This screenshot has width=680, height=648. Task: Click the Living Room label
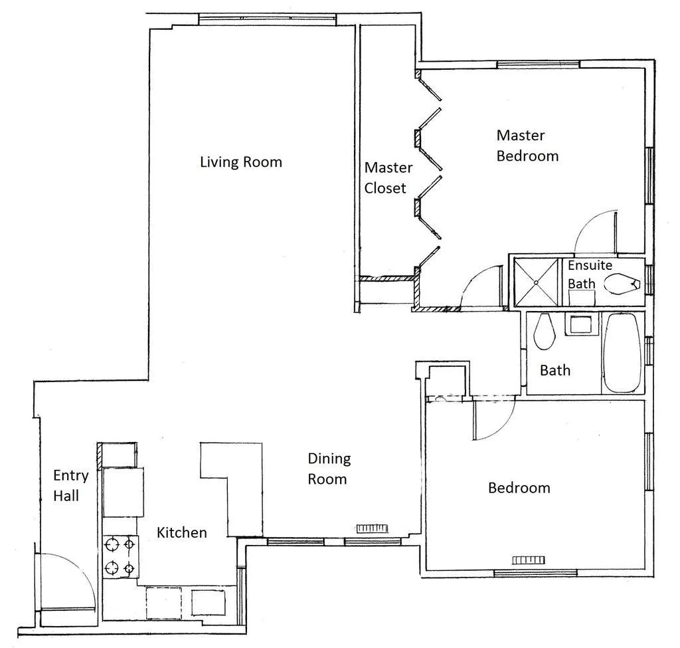pyautogui.click(x=241, y=162)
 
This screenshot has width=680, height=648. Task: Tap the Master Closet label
pyautogui.click(x=388, y=178)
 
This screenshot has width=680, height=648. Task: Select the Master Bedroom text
pyautogui.click(x=527, y=146)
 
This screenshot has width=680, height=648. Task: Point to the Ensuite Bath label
pyautogui.click(x=590, y=274)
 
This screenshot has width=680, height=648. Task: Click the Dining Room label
pyautogui.click(x=329, y=469)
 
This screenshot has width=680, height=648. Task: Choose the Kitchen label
pyautogui.click(x=181, y=532)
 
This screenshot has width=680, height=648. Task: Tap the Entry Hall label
pyautogui.click(x=66, y=485)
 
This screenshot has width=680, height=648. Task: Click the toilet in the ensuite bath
pyautogui.click(x=620, y=284)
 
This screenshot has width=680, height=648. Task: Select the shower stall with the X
pyautogui.click(x=535, y=282)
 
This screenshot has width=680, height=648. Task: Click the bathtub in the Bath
pyautogui.click(x=622, y=353)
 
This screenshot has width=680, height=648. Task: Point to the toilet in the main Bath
pyautogui.click(x=544, y=332)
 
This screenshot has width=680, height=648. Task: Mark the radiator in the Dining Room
pyautogui.click(x=371, y=528)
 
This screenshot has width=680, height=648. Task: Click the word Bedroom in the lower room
pyautogui.click(x=519, y=488)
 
